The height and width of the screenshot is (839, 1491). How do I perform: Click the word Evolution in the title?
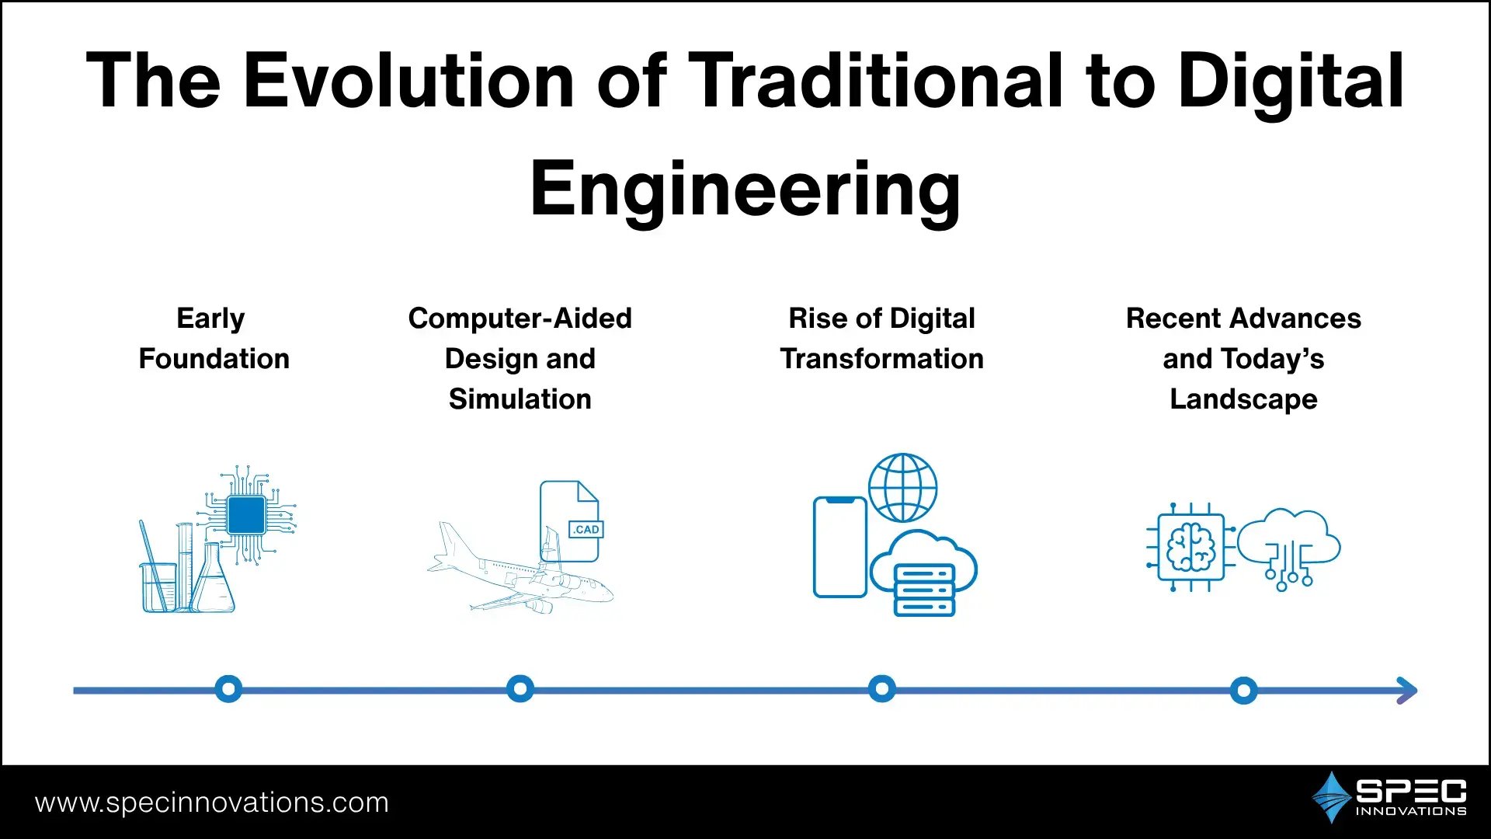[408, 80]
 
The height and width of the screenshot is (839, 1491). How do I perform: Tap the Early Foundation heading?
[214, 339]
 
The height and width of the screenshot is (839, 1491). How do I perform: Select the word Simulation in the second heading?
[520, 399]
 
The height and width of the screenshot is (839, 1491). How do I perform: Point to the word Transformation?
[881, 359]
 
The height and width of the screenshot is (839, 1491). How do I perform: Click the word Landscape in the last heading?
[1243, 399]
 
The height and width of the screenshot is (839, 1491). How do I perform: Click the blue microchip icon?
[247, 513]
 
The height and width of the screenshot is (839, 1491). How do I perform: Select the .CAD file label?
[586, 530]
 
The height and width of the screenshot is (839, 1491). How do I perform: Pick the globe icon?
[902, 488]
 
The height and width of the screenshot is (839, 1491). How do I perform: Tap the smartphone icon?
[839, 547]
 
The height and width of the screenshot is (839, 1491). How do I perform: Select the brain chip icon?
[1190, 547]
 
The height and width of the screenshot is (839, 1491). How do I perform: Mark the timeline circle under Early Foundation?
[228, 689]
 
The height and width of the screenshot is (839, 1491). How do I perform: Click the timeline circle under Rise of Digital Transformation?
[881, 689]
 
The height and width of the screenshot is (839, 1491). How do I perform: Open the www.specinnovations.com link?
[212, 802]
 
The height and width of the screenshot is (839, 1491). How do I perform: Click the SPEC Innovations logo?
[1389, 797]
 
